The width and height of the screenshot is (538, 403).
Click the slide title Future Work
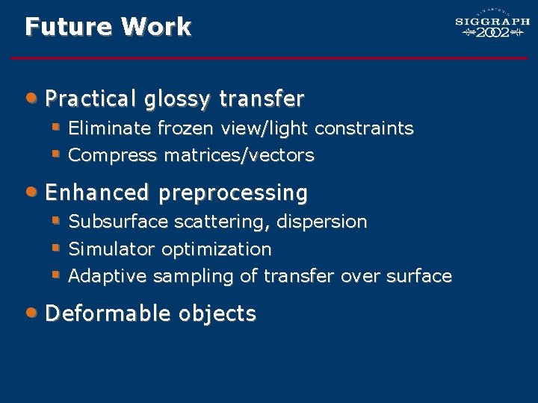pyautogui.click(x=108, y=28)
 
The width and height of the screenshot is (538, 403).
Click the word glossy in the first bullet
pyautogui.click(x=177, y=99)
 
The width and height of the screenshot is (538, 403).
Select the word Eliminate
pyautogui.click(x=111, y=128)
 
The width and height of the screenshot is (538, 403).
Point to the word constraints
pyautogui.click(x=364, y=128)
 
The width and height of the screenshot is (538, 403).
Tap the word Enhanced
pyautogui.click(x=97, y=193)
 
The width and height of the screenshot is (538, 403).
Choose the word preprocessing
pyautogui.click(x=233, y=193)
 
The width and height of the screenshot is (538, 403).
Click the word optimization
pyautogui.click(x=217, y=249)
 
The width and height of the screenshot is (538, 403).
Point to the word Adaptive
pyautogui.click(x=108, y=276)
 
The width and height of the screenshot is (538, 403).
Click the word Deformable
pyautogui.click(x=108, y=313)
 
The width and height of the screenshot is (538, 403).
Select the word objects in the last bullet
pyautogui.click(x=217, y=314)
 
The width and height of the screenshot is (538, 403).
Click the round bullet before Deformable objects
pyautogui.click(x=31, y=311)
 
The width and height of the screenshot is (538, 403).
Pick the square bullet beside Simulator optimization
pyautogui.click(x=55, y=247)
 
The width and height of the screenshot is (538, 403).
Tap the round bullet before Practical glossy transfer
pyautogui.click(x=31, y=96)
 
